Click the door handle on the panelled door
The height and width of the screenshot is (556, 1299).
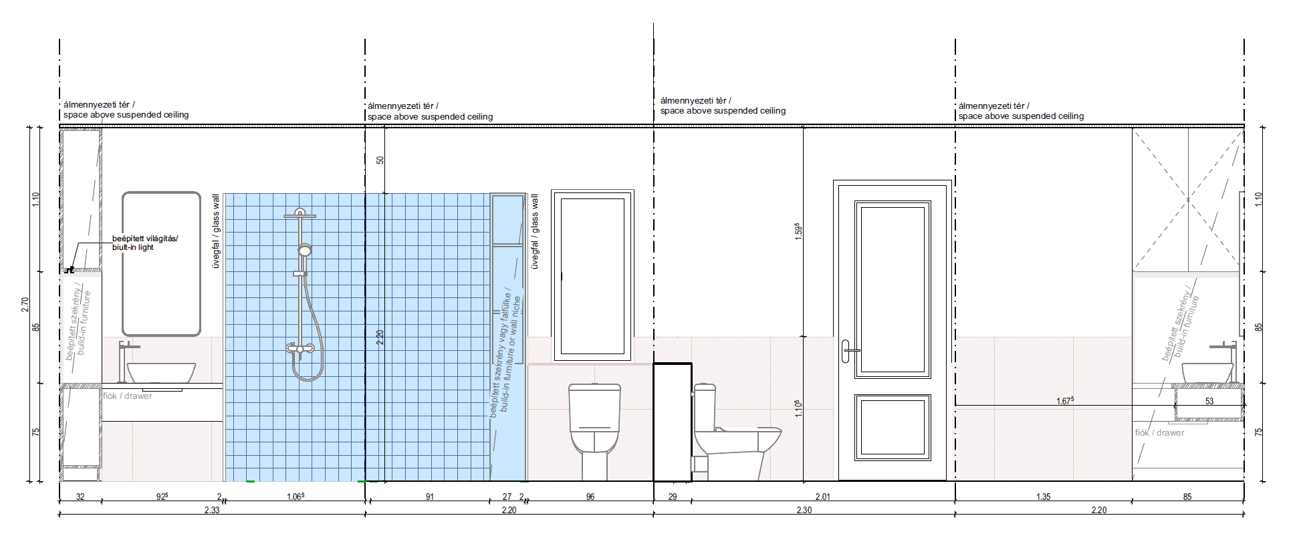tap(846, 351)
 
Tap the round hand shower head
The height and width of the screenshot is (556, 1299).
tap(305, 251)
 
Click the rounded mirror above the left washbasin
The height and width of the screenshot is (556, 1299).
tap(161, 263)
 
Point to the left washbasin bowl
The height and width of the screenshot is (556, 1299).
tap(161, 373)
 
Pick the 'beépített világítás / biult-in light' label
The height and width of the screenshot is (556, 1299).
tap(145, 243)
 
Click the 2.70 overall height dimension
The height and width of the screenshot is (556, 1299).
tap(25, 304)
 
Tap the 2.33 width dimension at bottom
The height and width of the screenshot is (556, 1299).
tap(212, 510)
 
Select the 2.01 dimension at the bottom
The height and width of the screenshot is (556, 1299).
tap(822, 497)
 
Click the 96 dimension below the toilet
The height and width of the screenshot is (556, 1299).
tap(590, 497)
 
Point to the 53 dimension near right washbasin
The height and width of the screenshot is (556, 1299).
tap(1209, 401)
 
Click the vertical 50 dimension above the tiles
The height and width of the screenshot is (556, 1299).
tap(380, 160)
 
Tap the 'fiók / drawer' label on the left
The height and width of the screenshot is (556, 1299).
tap(128, 396)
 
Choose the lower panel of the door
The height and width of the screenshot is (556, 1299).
tap(893, 427)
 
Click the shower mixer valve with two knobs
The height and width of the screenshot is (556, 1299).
tap(300, 349)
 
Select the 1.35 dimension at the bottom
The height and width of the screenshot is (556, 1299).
tap(1043, 497)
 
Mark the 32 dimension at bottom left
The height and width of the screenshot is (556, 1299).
tap(80, 497)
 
